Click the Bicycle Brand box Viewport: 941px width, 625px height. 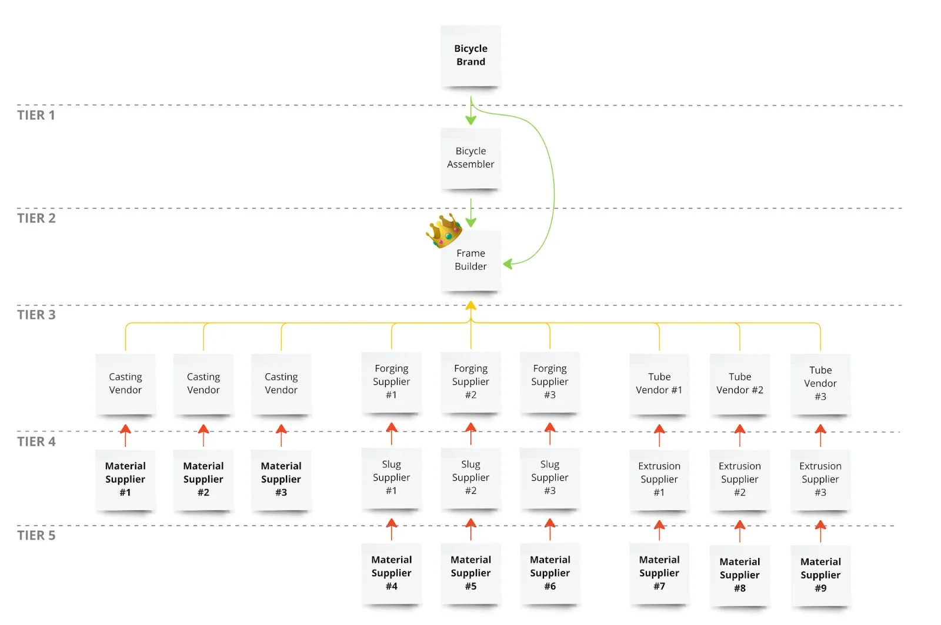[470, 55]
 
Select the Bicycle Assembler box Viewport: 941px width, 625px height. [470, 158]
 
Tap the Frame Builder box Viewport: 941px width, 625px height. [470, 260]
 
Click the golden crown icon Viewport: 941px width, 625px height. [444, 230]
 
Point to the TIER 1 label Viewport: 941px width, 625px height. [36, 115]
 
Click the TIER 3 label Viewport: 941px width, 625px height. [36, 315]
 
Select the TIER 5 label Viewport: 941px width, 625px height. [36, 536]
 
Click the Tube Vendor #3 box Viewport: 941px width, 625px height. [820, 383]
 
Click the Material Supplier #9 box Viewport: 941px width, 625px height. [820, 575]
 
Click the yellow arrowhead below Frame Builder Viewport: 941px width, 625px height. [471, 305]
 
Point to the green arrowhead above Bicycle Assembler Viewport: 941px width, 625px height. [471, 120]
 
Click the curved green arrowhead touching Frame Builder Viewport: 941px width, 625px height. [508, 264]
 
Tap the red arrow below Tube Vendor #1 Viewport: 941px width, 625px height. [659, 435]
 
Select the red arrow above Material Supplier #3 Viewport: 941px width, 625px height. [281, 435]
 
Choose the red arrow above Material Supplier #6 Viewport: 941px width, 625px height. [550, 530]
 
